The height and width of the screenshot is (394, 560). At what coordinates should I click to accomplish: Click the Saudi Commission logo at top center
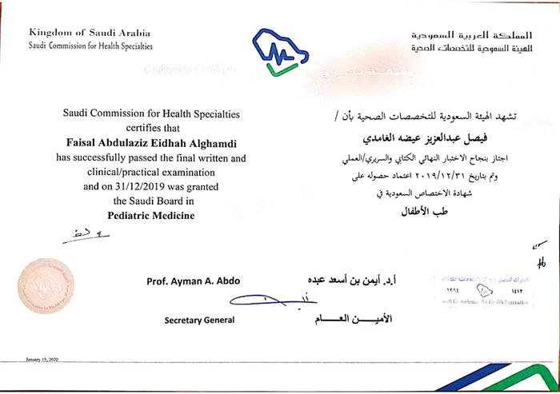point(278,51)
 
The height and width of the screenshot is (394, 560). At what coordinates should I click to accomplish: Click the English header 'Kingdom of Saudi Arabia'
point(89,33)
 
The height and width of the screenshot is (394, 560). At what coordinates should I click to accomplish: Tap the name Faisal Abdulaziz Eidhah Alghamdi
point(151,141)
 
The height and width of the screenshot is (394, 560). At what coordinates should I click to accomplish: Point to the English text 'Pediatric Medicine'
point(151,216)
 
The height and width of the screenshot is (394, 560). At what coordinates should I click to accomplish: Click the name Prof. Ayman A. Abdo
point(193,281)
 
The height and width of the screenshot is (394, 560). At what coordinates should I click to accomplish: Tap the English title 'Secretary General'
point(200,320)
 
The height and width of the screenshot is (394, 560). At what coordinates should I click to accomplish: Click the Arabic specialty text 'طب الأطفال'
point(429,212)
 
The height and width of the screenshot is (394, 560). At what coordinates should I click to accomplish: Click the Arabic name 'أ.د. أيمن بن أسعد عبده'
point(354,281)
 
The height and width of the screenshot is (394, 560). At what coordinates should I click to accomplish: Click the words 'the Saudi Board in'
point(151,201)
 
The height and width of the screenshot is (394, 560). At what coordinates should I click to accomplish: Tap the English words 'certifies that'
point(151,127)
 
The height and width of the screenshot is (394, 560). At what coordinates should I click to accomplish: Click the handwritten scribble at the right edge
point(542,257)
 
